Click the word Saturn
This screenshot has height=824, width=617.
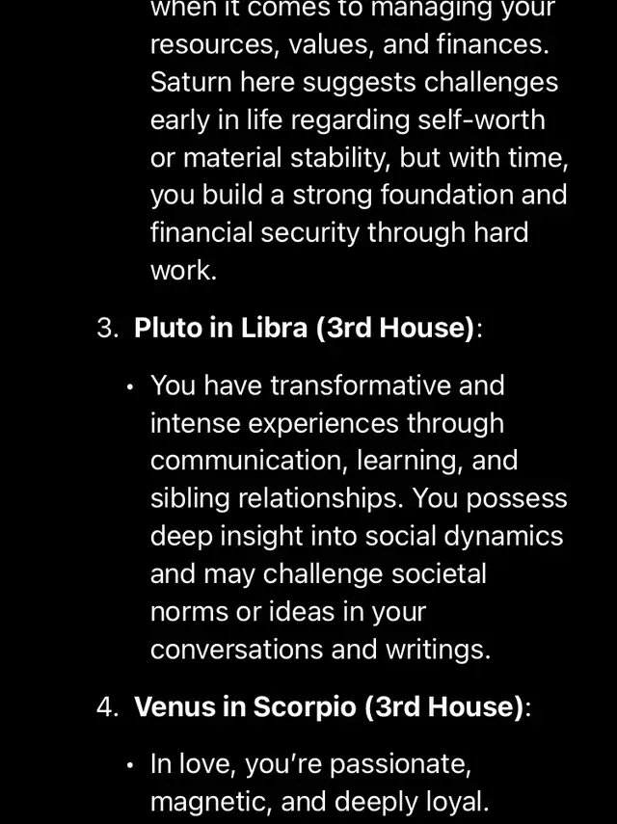(190, 82)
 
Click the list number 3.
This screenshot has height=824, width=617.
(107, 328)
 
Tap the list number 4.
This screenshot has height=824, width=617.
(107, 706)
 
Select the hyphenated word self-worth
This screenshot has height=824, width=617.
(481, 120)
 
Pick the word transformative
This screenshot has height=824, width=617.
(361, 385)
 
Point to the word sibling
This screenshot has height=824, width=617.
(190, 499)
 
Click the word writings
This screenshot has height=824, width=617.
(438, 651)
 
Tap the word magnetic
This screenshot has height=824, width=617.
(211, 802)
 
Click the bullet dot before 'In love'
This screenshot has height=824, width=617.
(130, 765)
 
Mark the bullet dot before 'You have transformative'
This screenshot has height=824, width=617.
(130, 386)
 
